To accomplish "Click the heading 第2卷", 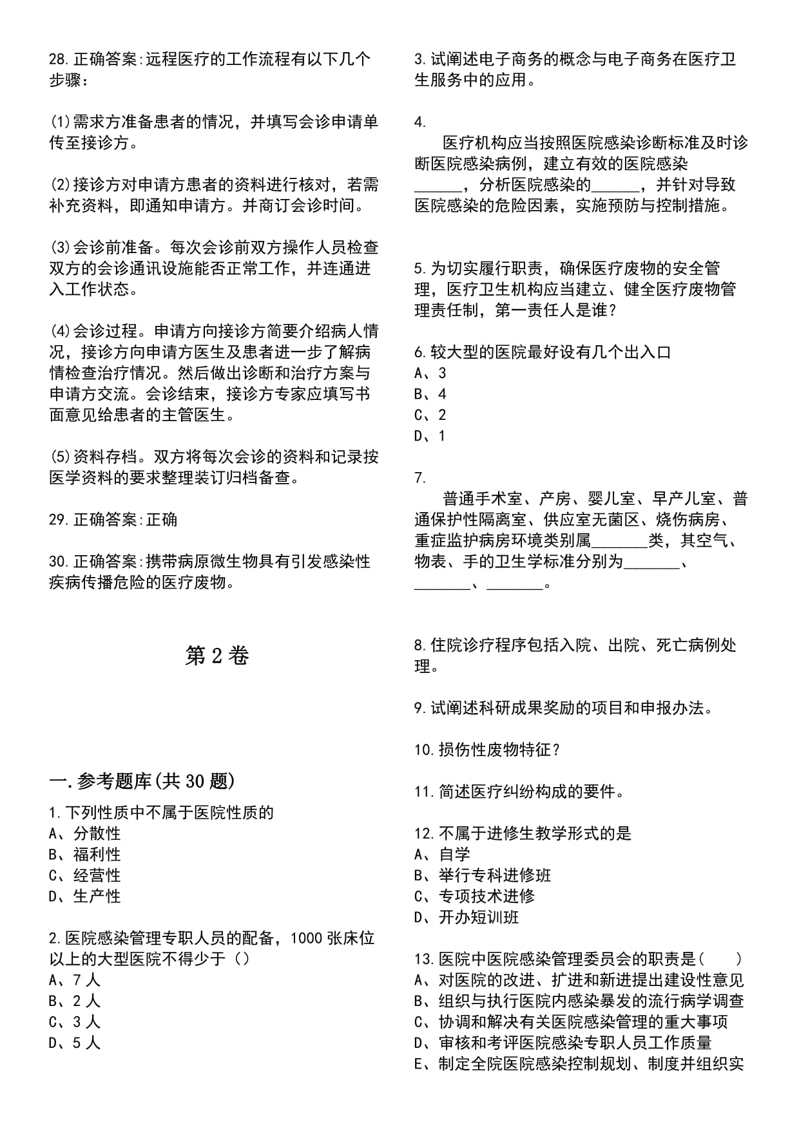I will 217,656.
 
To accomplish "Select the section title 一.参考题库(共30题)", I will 142,781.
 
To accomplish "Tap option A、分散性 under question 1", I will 84,833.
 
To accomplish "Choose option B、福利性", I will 84,855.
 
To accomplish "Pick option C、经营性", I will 84,875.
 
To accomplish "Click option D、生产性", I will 84,896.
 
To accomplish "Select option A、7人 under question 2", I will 75,980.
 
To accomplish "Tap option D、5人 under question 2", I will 75,1043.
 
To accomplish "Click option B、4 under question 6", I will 430,394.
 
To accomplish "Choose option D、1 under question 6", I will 430,435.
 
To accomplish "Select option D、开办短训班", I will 467,917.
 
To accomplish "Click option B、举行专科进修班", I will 483,875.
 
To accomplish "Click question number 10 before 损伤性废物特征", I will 424,750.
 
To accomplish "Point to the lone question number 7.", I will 420,477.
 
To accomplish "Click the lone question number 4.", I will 420,122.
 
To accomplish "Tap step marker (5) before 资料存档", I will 59,457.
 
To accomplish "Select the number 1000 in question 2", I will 307,938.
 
